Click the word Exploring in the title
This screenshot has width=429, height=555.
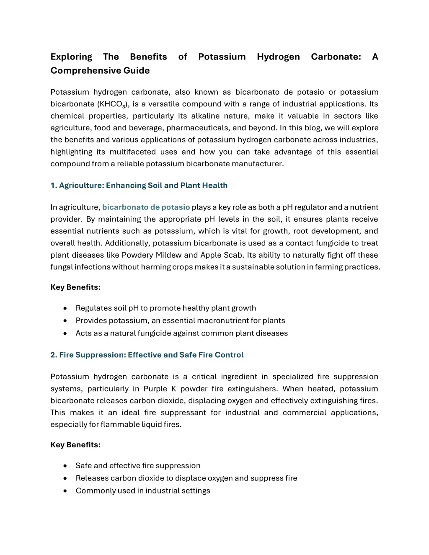(71, 57)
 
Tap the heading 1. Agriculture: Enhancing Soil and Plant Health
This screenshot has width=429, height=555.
(139, 185)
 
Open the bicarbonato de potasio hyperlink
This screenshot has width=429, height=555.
(146, 207)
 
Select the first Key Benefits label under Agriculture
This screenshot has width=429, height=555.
(75, 287)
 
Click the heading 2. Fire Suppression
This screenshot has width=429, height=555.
(147, 355)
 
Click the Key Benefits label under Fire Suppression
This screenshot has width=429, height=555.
(75, 444)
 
